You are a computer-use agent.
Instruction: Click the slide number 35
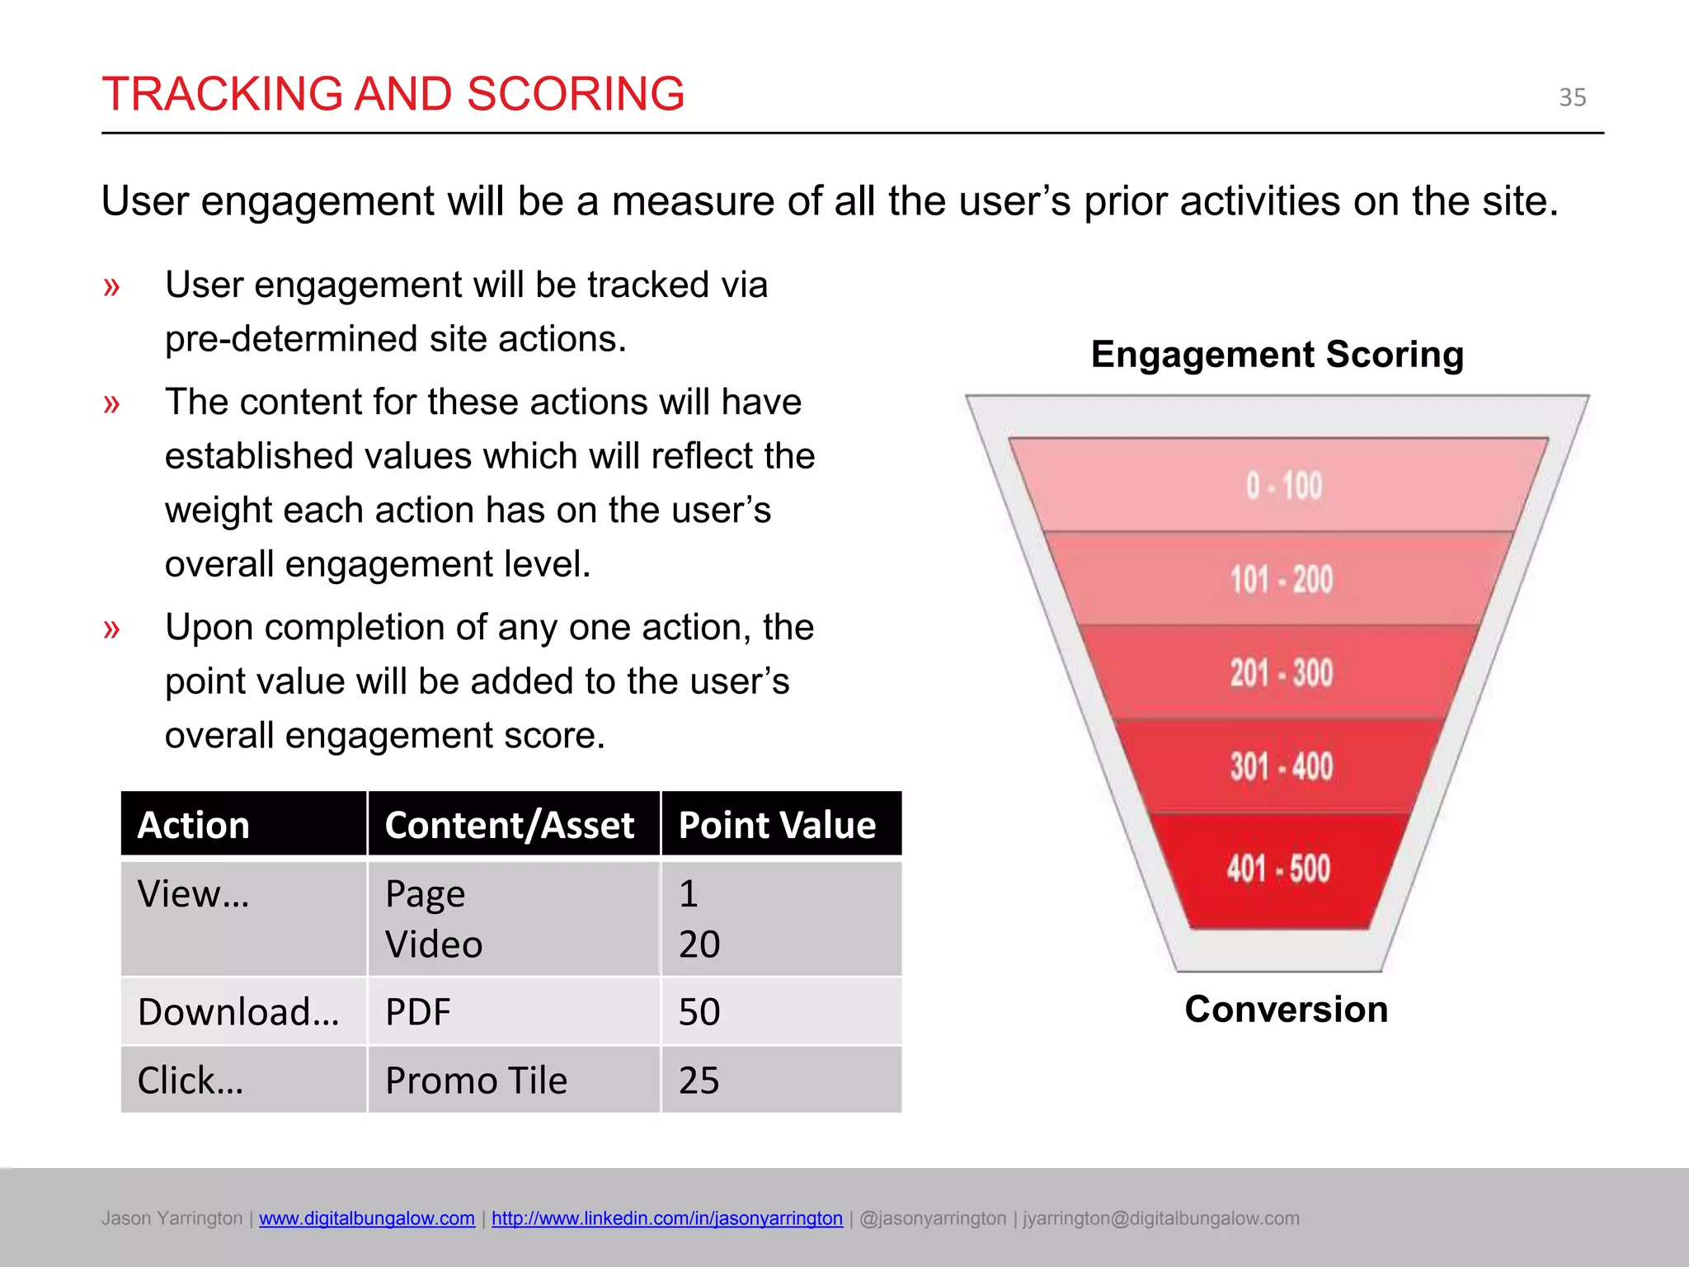tap(1572, 97)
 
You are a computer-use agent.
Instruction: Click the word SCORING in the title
tap(575, 94)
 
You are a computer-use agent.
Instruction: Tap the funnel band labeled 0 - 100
tap(1282, 486)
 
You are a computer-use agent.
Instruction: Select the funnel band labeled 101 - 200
tap(1281, 579)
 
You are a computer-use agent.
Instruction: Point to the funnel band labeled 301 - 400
tap(1281, 766)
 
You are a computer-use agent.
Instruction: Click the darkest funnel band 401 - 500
tap(1277, 869)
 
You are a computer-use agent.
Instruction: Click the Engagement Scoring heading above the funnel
tap(1277, 355)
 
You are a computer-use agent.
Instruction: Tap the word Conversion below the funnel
tap(1286, 1010)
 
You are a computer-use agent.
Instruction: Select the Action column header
tap(195, 825)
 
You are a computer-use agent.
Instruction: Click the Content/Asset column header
tap(510, 825)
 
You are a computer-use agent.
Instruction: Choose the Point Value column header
tap(777, 825)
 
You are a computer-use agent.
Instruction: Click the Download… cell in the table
tap(238, 1012)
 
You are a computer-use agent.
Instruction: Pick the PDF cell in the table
tap(418, 1012)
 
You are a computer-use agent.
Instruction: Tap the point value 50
tap(699, 1012)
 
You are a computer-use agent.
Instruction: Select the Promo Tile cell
tap(476, 1081)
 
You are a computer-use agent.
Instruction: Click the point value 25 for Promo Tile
tap(699, 1081)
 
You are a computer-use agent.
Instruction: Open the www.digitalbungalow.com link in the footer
tap(366, 1218)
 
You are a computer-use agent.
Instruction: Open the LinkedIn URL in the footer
tap(666, 1218)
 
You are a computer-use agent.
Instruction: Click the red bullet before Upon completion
tap(111, 629)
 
